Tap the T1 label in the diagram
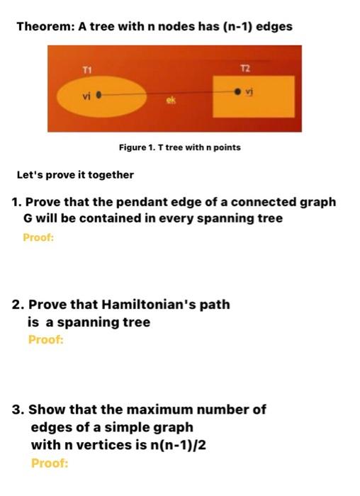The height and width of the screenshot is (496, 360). tap(87, 69)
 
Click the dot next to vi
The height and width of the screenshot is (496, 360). tap(99, 93)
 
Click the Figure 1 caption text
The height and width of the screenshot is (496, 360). tap(180, 147)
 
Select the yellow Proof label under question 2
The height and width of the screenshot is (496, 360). tap(45, 340)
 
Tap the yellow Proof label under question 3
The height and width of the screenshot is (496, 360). tap(50, 463)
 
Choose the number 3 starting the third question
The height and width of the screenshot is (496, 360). tap(17, 410)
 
